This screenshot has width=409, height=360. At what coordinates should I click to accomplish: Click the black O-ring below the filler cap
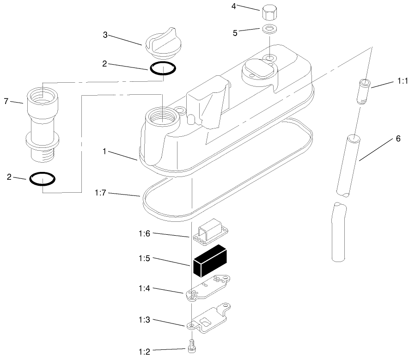163,68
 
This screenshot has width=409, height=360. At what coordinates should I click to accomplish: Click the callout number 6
398,139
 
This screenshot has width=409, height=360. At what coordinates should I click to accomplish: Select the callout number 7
6,101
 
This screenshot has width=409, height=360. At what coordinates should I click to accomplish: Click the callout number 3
105,35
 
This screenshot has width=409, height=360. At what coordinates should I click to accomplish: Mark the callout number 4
233,6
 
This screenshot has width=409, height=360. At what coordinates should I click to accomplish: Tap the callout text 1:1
401,81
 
